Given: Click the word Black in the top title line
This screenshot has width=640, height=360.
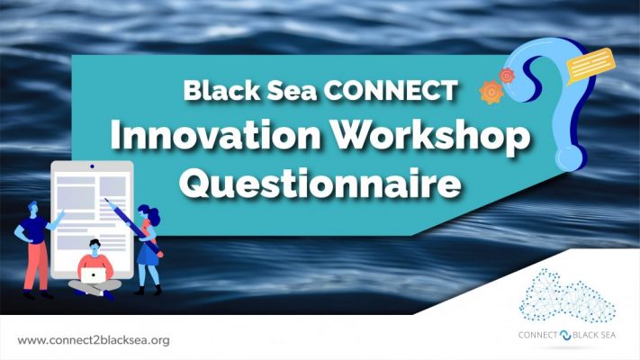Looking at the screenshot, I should click(x=216, y=90).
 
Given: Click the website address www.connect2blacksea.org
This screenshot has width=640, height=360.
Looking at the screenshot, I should click(x=94, y=340).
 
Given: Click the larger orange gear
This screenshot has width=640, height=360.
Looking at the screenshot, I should click(x=491, y=93).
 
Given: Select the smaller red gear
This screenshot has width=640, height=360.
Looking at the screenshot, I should click(x=507, y=76).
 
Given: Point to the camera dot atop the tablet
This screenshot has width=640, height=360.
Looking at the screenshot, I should click(x=92, y=167).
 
